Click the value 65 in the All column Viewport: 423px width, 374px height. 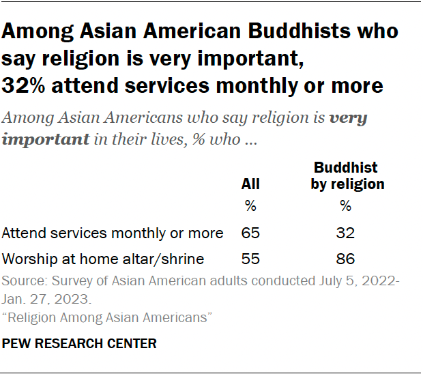click(x=251, y=233)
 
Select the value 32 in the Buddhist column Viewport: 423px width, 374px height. click(x=345, y=233)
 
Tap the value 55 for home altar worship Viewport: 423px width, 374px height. click(x=251, y=259)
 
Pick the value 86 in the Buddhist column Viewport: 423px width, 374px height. click(x=345, y=259)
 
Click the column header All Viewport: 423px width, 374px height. click(x=250, y=184)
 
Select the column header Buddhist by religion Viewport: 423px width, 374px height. click(x=347, y=175)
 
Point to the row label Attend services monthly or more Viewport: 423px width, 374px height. click(x=113, y=233)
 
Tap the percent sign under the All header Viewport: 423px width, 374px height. click(x=250, y=206)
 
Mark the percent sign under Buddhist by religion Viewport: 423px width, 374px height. click(x=345, y=206)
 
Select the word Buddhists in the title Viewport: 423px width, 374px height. click(x=341, y=31)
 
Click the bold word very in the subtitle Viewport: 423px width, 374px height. click(x=348, y=117)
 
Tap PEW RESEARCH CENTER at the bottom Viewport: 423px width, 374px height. click(x=79, y=344)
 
